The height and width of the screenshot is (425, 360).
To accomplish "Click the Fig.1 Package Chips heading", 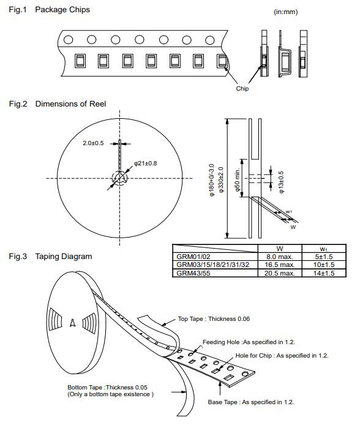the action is click(x=50, y=10).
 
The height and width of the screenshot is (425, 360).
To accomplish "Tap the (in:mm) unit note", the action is click(x=285, y=12).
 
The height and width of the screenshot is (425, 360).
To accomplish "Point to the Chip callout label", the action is click(x=242, y=89).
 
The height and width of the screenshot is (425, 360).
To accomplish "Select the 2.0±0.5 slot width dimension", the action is click(x=93, y=143).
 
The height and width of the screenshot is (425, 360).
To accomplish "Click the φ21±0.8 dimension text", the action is click(x=146, y=163).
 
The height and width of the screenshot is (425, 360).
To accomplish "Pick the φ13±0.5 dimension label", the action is click(x=282, y=182).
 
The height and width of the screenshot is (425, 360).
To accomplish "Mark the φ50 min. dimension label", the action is click(x=237, y=179).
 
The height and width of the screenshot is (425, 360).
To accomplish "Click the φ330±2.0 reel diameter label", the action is click(x=221, y=179).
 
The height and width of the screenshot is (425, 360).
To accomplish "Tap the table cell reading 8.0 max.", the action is click(x=280, y=257).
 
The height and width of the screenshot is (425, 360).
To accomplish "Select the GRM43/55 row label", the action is click(x=193, y=273).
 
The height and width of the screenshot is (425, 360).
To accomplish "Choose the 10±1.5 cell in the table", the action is click(x=324, y=265).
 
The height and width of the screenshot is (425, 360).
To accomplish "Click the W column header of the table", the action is click(x=280, y=249).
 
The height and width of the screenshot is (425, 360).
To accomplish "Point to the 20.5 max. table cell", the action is click(x=280, y=273).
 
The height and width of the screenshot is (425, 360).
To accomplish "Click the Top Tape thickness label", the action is click(x=214, y=318).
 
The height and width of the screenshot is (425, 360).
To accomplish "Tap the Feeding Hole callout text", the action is click(x=249, y=342).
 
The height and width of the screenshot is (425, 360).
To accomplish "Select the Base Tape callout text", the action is click(x=251, y=402).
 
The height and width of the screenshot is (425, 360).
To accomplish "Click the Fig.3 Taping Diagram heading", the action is click(x=50, y=257).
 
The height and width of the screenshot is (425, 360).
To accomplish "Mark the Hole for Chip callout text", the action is click(x=282, y=355).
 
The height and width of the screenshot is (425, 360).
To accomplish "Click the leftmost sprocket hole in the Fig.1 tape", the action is click(x=68, y=40).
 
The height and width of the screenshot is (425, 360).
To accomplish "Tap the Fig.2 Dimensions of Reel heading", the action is click(x=58, y=104).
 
